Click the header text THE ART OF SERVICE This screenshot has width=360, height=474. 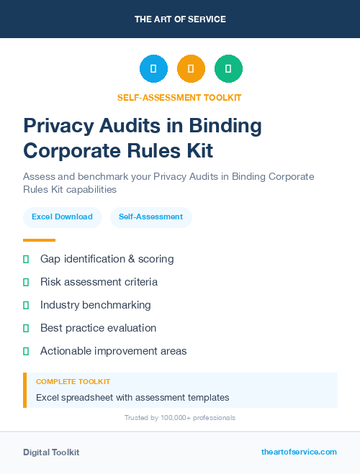point(180,19)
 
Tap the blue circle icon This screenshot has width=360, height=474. point(153,69)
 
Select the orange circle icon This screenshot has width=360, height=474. point(191,69)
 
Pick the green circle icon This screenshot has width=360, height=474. point(228,69)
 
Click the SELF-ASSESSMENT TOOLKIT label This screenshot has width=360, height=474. point(179,97)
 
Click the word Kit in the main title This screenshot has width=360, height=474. point(199,152)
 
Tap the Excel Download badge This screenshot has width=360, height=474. point(62,217)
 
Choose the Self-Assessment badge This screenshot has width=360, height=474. point(150,217)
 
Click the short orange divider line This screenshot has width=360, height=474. point(39,240)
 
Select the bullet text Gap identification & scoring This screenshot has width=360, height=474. point(107,259)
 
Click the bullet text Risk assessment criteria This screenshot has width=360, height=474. point(99,282)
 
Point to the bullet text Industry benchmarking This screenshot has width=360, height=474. point(95,305)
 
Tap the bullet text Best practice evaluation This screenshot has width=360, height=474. point(98,328)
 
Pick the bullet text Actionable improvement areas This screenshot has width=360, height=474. point(113,351)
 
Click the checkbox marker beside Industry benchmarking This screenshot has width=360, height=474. point(26,305)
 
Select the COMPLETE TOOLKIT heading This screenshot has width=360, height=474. point(73,381)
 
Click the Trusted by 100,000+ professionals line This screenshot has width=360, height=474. point(179,417)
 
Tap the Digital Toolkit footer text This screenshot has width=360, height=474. point(51,452)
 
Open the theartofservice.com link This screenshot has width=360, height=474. point(299,452)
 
